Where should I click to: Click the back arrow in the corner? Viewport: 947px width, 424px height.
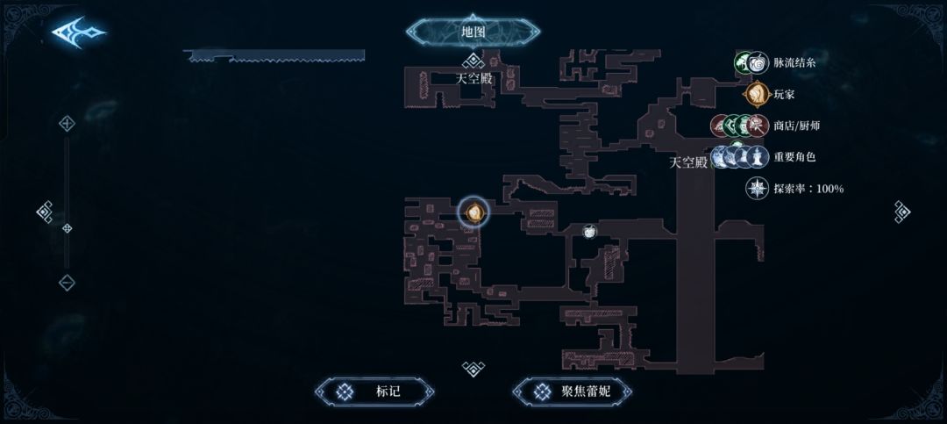(78, 32)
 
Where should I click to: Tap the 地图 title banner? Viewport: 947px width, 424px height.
(473, 32)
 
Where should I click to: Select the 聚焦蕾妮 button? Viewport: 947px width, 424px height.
(572, 392)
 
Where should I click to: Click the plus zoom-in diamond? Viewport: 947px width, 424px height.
(67, 124)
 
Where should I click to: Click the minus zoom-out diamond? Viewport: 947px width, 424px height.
(67, 283)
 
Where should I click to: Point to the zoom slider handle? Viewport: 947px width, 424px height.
(67, 228)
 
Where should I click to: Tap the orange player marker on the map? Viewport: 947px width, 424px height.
(473, 212)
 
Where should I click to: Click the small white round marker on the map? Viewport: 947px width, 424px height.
(589, 231)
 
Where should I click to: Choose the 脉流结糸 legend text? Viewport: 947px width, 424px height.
(796, 62)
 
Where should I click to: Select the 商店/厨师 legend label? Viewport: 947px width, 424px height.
(796, 126)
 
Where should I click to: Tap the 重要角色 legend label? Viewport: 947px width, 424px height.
(794, 157)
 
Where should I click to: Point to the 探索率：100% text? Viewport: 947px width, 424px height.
(808, 189)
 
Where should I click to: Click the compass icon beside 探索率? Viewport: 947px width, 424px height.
(757, 189)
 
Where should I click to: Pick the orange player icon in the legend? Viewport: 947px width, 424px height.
(756, 94)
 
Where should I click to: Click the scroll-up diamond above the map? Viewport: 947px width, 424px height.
(473, 61)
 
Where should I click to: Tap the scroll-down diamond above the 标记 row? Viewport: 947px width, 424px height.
(473, 368)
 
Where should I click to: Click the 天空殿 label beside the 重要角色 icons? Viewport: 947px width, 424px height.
(688, 162)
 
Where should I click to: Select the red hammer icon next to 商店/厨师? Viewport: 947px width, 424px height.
(721, 126)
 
